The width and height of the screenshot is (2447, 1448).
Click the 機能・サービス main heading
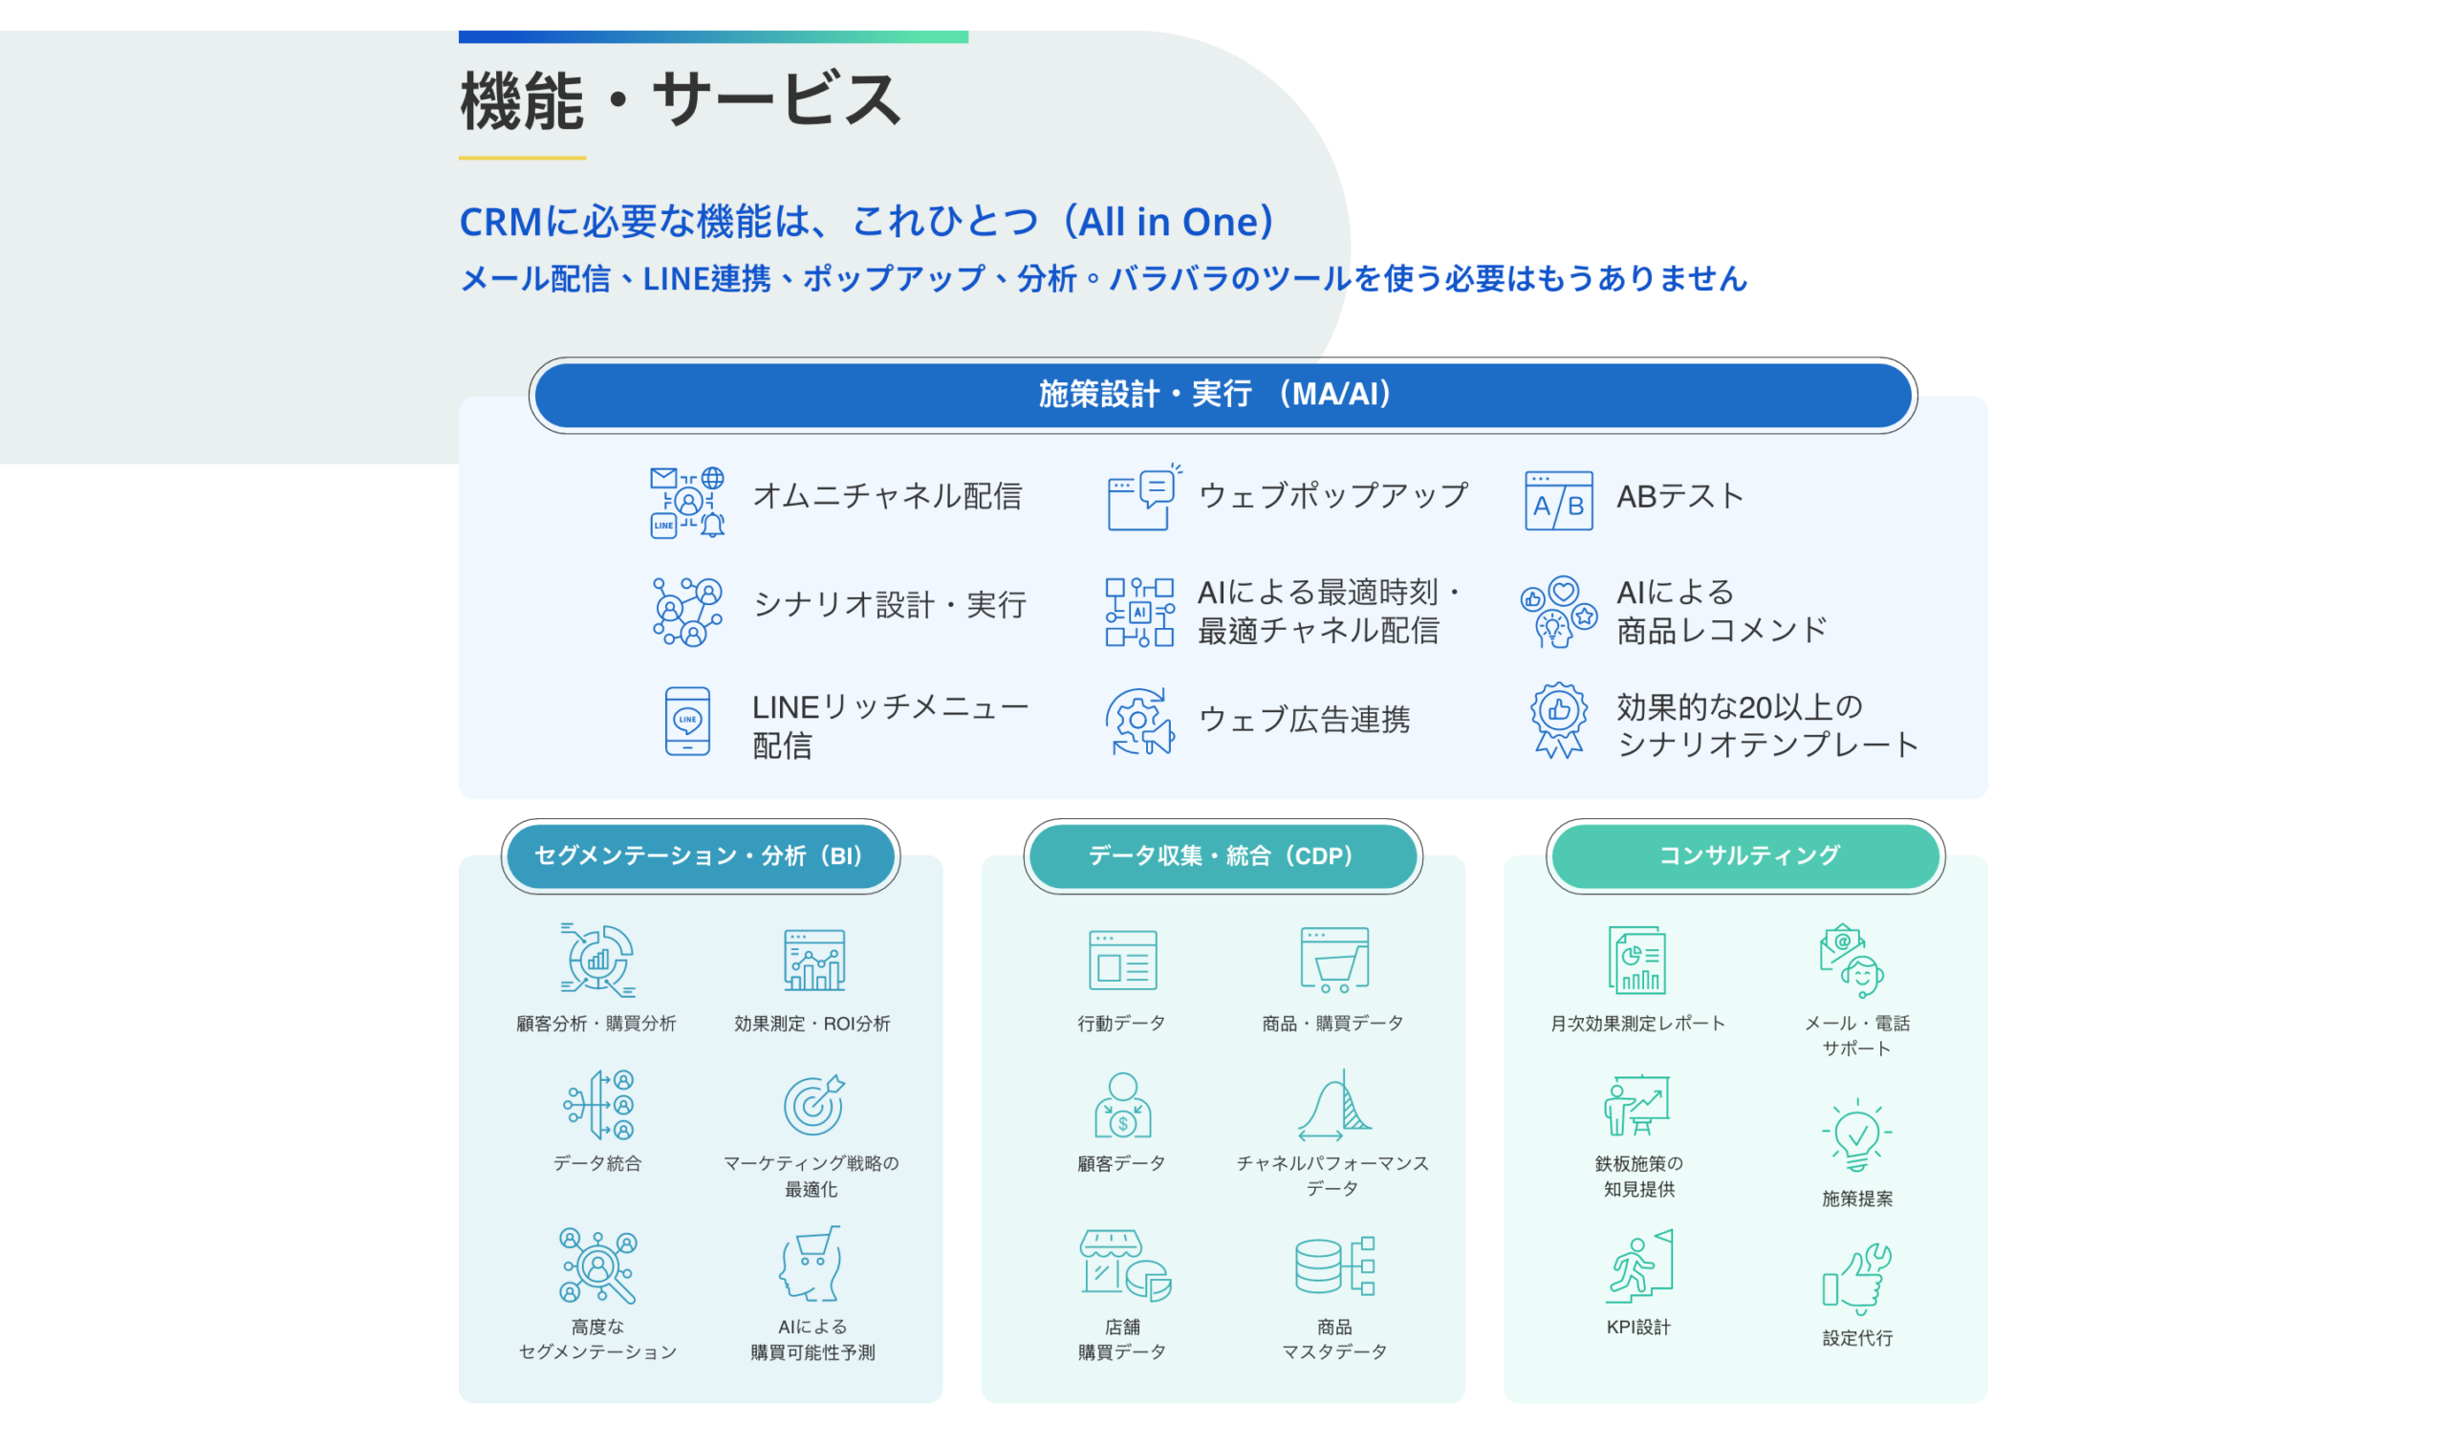point(680,99)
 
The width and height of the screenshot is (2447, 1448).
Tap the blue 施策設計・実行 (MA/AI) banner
point(1223,394)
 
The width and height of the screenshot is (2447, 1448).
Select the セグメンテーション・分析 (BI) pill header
point(700,855)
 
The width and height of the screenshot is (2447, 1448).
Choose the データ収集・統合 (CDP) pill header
point(1223,855)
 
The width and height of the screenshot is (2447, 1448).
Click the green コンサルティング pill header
point(1745,855)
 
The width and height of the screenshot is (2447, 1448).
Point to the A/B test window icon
point(1558,501)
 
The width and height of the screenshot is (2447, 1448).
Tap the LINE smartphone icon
point(687,721)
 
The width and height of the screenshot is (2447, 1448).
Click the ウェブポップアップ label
point(1332,496)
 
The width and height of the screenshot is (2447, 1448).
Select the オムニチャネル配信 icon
point(687,502)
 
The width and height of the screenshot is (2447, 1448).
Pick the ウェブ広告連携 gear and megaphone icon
point(1139,721)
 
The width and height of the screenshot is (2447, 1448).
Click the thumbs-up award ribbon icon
point(1558,720)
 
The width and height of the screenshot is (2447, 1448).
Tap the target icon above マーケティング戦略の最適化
point(813,1105)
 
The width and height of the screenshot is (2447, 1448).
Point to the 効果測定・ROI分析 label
point(812,1024)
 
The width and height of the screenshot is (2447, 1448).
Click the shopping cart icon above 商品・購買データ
point(1333,961)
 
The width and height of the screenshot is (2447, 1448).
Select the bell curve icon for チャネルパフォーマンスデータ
point(1333,1105)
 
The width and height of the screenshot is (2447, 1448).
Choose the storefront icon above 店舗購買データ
point(1125,1265)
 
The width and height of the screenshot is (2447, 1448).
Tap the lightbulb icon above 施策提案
point(1856,1135)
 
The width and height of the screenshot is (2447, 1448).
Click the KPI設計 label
point(1638,1327)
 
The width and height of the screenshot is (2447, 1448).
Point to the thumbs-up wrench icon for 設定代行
point(1856,1278)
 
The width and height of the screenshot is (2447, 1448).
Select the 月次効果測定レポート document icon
point(1637,961)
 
